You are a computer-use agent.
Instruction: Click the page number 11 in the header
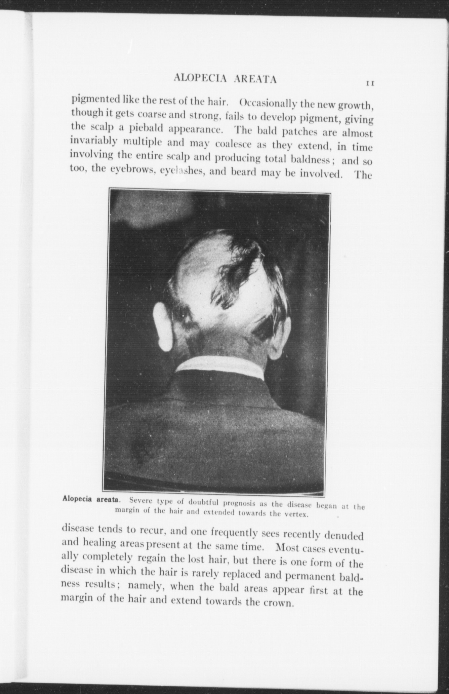click(370, 83)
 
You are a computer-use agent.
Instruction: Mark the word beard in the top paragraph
click(245, 172)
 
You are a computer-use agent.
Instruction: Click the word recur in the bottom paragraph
click(152, 531)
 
